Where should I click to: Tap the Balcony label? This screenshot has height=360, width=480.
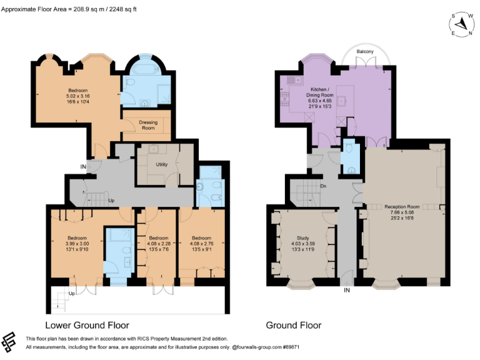coord(366,51)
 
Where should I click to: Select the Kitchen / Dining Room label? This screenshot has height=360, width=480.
coord(302,94)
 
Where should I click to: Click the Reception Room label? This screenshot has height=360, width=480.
coord(402,206)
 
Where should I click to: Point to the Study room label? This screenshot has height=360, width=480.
coord(303,237)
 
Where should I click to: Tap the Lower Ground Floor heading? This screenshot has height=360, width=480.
coord(87,325)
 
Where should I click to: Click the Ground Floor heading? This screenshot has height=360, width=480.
coord(293,325)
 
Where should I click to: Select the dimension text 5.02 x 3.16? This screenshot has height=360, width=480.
coord(79,96)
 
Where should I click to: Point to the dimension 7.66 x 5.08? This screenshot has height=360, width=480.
coord(402,212)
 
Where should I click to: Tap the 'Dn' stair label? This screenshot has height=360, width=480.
coord(323,186)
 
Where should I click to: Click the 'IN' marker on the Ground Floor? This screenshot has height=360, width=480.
coord(346,290)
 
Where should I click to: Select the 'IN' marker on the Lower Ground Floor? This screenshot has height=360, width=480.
coord(82,166)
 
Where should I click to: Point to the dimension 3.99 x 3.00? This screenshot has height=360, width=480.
coord(78,244)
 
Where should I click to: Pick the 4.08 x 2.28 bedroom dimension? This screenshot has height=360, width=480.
coord(159,244)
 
